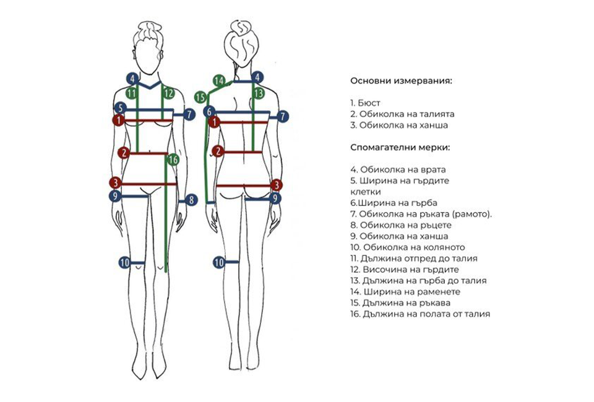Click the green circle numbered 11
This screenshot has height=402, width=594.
[x=131, y=93]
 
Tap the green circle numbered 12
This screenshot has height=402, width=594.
[x=169, y=93]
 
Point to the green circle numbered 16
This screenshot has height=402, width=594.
[x=173, y=160]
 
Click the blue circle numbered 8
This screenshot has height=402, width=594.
[x=191, y=200]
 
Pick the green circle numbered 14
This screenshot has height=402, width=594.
[x=218, y=80]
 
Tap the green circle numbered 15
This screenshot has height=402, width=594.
[x=200, y=97]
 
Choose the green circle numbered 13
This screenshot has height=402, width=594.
[x=259, y=93]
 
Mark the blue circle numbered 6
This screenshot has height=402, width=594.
[x=210, y=111]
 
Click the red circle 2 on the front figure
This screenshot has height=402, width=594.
[x=124, y=152]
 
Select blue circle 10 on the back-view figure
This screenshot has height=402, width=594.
[x=218, y=262]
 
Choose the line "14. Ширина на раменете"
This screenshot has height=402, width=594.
[x=405, y=292]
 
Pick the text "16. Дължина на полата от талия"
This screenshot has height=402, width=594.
[x=420, y=314]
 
